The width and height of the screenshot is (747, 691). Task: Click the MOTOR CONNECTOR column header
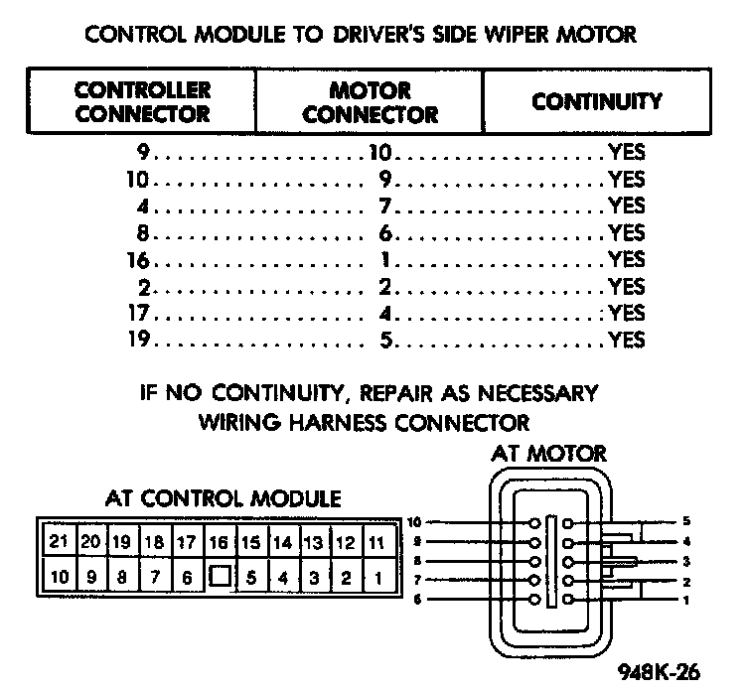coord(370,102)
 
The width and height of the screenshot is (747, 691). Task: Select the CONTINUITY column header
coord(596,101)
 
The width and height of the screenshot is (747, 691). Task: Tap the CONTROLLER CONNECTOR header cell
coord(143,102)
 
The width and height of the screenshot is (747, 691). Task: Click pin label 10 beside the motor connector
coord(415,522)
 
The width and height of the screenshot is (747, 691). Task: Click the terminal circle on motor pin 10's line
coord(534,523)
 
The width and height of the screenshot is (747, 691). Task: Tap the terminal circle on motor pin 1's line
coord(567,601)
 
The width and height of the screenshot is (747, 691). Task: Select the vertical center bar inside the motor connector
coord(551,561)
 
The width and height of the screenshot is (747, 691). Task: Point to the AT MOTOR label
coord(548,455)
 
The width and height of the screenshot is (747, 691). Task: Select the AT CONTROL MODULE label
coord(224,497)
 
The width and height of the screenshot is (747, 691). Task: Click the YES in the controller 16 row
coord(627,260)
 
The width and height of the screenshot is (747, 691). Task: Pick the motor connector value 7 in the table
coord(388,207)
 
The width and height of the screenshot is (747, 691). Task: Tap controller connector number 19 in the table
coord(138,341)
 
